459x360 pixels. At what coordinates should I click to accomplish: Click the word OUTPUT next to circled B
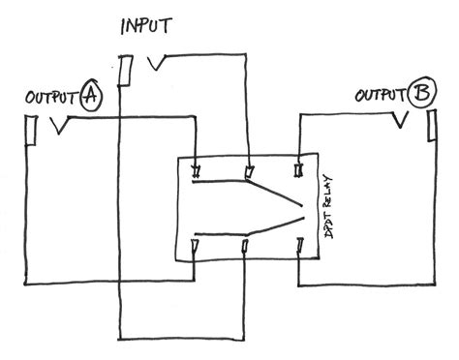click(x=380, y=96)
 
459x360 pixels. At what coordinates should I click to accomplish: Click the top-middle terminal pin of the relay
click(x=248, y=172)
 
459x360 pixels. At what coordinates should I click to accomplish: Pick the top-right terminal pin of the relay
click(x=299, y=169)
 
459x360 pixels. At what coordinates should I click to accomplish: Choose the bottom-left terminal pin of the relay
click(x=197, y=249)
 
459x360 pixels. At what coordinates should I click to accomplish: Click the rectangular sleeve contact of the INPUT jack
click(x=126, y=70)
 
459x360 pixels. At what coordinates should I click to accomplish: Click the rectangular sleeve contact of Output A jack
click(x=29, y=129)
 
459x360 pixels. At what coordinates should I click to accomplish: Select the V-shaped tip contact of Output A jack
click(x=60, y=126)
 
